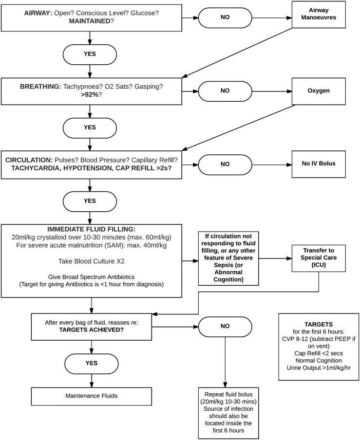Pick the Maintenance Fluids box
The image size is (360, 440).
click(x=92, y=396)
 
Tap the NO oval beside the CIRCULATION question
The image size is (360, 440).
click(x=225, y=164)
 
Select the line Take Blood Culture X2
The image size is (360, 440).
click(x=92, y=261)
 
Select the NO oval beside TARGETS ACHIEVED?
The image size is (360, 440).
click(x=225, y=326)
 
